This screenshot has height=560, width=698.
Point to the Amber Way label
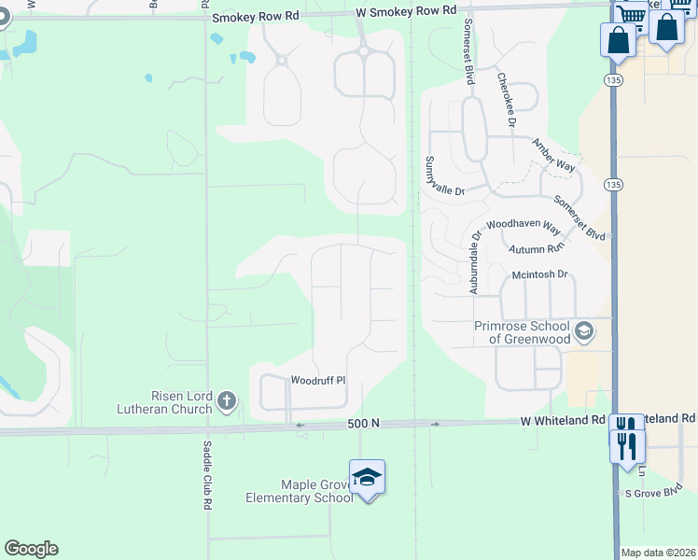tap(553, 155)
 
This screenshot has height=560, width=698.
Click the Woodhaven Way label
tap(523, 228)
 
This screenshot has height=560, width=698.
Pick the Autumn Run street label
tap(537, 250)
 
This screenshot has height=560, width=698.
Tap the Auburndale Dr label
tap(474, 264)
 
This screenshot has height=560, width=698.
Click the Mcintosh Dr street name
tap(540, 274)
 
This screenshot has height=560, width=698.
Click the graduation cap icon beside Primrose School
tap(584, 330)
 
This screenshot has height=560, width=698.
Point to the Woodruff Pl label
tap(318, 381)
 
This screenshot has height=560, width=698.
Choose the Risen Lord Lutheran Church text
tap(164, 402)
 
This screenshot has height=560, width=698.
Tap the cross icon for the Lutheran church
tap(226, 402)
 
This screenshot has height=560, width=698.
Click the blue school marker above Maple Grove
tap(367, 477)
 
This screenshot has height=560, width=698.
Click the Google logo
tap(31, 549)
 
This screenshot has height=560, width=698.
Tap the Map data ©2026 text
tap(658, 553)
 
